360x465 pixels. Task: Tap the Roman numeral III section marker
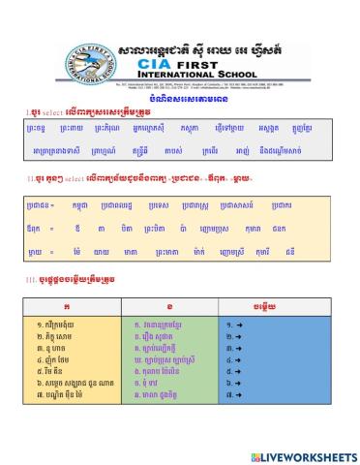[x=31, y=279]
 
